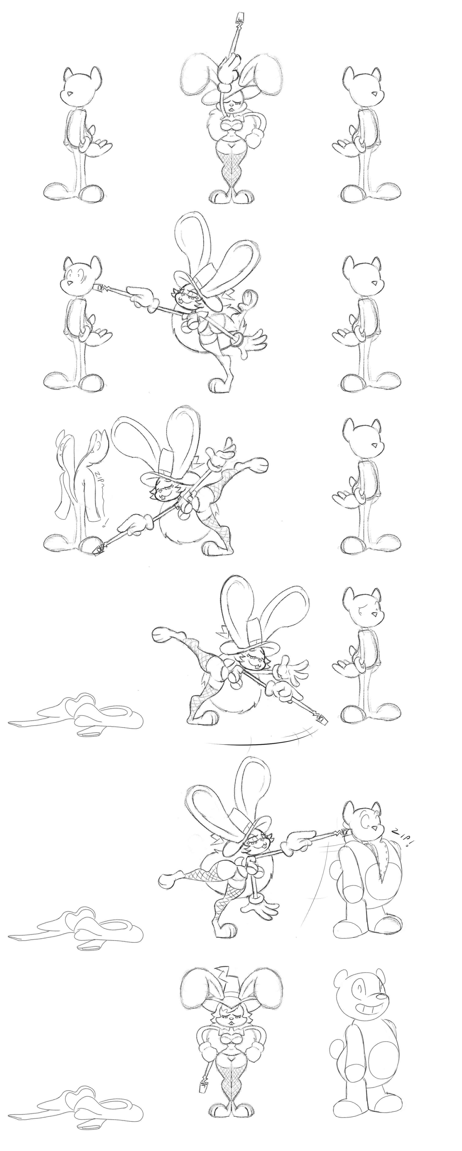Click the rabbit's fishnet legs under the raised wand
[x=231, y=169]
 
